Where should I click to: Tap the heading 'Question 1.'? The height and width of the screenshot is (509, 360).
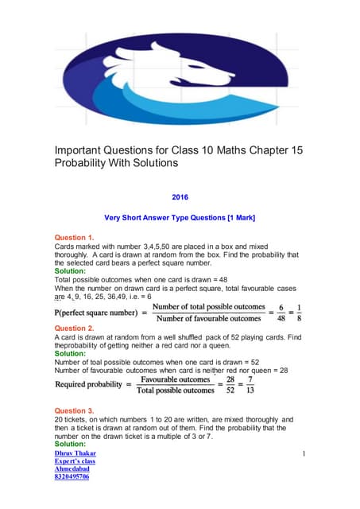74,238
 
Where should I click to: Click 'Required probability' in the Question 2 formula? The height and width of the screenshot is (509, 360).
95,388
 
